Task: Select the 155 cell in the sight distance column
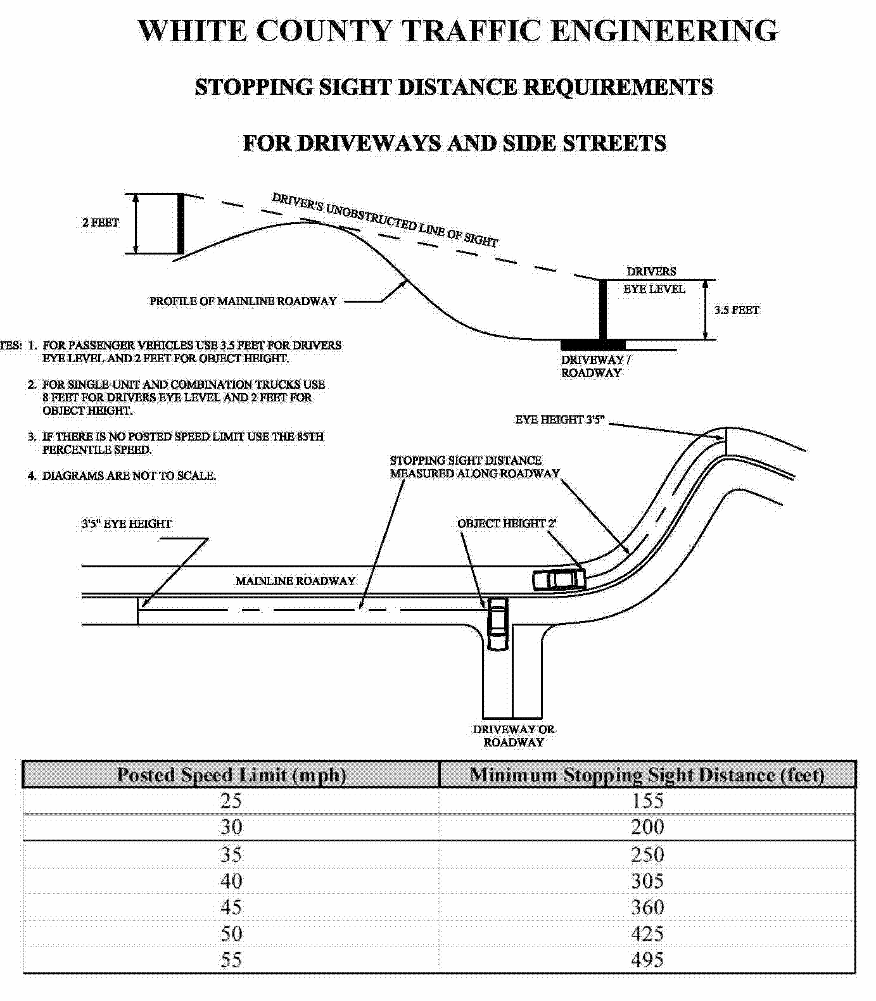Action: pos(647,801)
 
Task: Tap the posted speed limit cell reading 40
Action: pos(231,881)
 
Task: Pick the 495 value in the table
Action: pos(647,960)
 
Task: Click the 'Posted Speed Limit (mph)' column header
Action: pos(231,775)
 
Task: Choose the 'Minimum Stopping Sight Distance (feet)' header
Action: pos(647,775)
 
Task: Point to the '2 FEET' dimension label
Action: pos(101,222)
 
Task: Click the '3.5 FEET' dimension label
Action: pos(737,310)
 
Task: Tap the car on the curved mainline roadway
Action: pos(558,579)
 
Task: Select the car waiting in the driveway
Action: pos(498,623)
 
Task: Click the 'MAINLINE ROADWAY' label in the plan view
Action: pos(295,581)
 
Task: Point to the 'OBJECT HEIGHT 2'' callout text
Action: pos(507,524)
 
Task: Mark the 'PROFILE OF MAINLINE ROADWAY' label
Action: pos(243,301)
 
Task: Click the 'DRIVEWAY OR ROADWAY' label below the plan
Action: pos(514,736)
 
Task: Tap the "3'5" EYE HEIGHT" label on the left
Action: pos(126,524)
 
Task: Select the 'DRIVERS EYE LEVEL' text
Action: pos(653,280)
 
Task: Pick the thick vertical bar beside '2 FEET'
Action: pos(181,224)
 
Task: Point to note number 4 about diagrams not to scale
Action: pos(122,475)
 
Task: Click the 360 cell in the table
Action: pos(647,907)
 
